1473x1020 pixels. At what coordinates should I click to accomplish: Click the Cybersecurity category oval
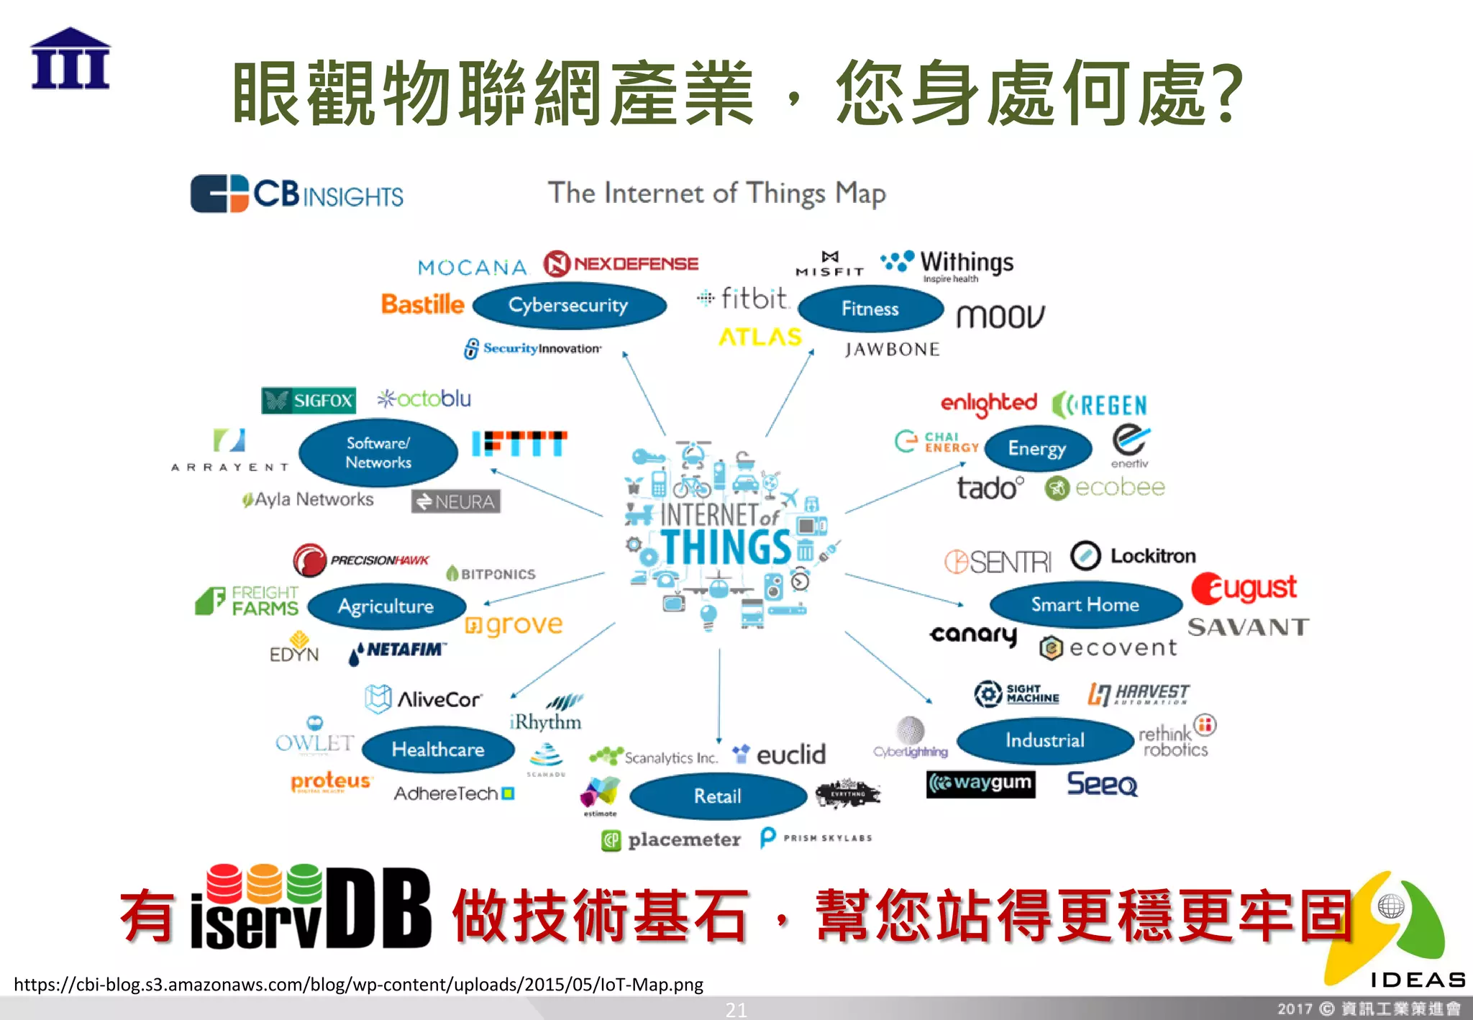pyautogui.click(x=569, y=306)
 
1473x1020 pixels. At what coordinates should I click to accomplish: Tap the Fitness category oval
pyautogui.click(x=870, y=309)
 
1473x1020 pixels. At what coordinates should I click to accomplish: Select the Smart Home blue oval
pyautogui.click(x=1085, y=605)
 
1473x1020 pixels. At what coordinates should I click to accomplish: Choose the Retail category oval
pyautogui.click(x=718, y=796)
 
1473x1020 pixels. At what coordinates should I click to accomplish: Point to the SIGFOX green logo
pyautogui.click(x=309, y=401)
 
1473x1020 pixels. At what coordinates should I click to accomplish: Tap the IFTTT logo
pyautogui.click(x=519, y=444)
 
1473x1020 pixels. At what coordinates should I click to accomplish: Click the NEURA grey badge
pyautogui.click(x=456, y=501)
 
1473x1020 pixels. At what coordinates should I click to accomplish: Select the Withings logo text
pyautogui.click(x=966, y=263)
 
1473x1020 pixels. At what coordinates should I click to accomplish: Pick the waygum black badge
pyautogui.click(x=981, y=783)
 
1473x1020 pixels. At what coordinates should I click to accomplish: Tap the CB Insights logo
pyautogui.click(x=296, y=194)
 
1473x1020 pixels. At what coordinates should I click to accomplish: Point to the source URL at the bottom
pyautogui.click(x=358, y=984)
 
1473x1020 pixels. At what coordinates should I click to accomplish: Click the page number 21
pyautogui.click(x=736, y=1010)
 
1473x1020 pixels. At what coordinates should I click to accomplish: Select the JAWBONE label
pyautogui.click(x=892, y=350)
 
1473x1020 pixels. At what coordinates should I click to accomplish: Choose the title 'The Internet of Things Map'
pyautogui.click(x=716, y=193)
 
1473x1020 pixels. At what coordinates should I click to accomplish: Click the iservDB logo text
pyautogui.click(x=311, y=909)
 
